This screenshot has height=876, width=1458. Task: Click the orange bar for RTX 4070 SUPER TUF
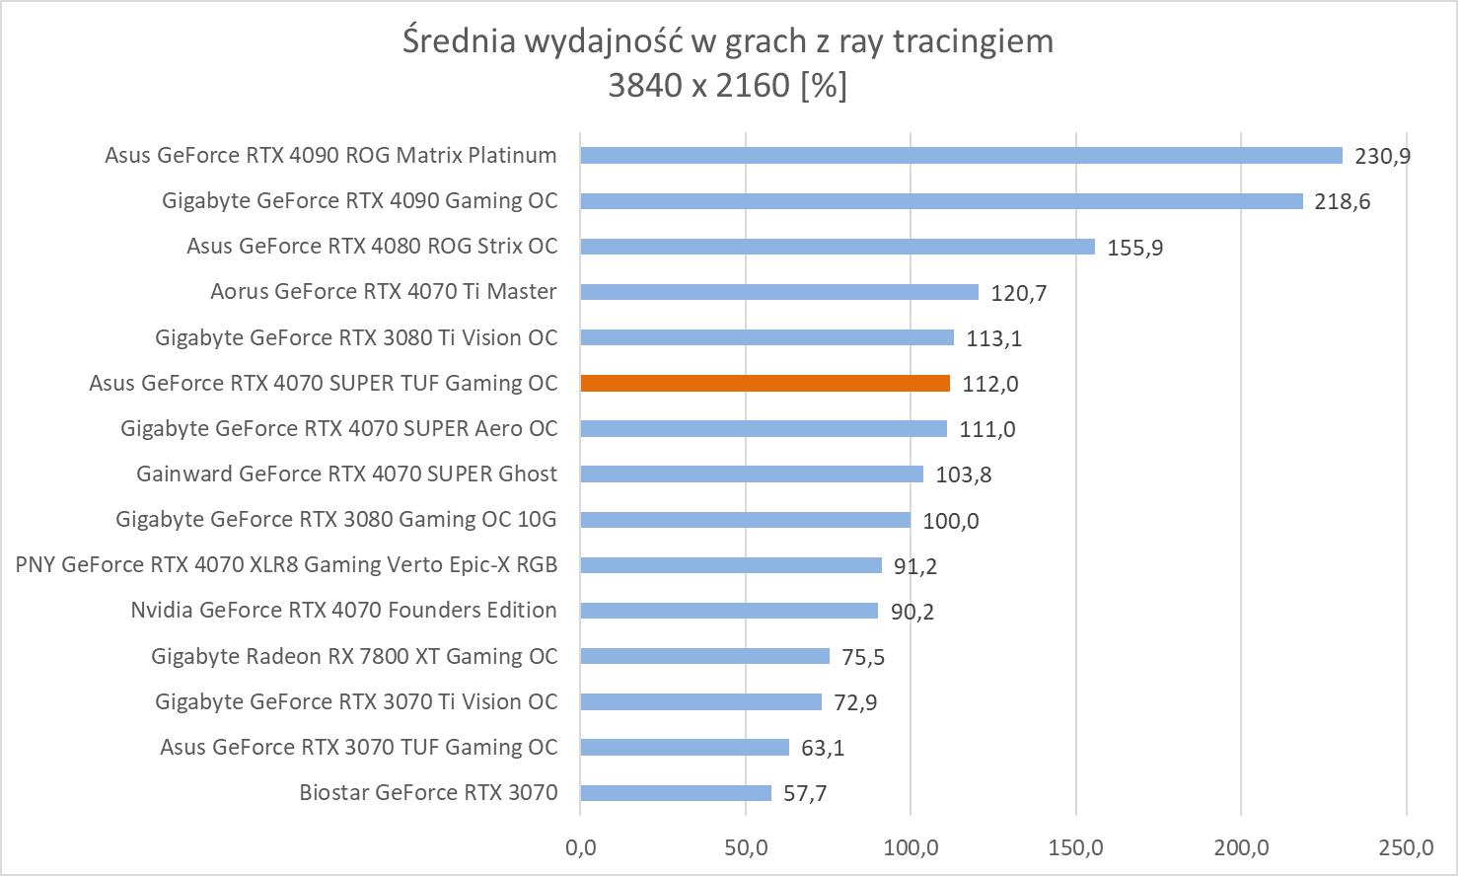click(x=765, y=383)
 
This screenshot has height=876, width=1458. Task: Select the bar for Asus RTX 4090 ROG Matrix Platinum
click(x=961, y=155)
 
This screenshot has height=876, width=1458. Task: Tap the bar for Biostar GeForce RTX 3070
click(x=676, y=793)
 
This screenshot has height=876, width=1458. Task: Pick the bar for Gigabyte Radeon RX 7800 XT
click(x=704, y=656)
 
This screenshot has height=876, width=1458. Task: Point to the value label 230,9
click(x=1382, y=156)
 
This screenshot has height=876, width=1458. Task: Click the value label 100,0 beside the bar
click(x=951, y=521)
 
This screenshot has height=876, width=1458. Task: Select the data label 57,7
click(x=805, y=794)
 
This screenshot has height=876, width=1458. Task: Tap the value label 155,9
click(x=1135, y=248)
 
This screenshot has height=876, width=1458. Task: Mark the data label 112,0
click(x=990, y=384)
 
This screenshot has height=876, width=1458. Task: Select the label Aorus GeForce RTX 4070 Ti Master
click(x=383, y=292)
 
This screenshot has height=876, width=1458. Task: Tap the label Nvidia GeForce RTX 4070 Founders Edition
click(x=343, y=611)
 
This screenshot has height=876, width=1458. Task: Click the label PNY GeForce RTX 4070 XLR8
click(x=286, y=565)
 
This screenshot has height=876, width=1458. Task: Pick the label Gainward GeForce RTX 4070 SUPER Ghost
click(x=346, y=474)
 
